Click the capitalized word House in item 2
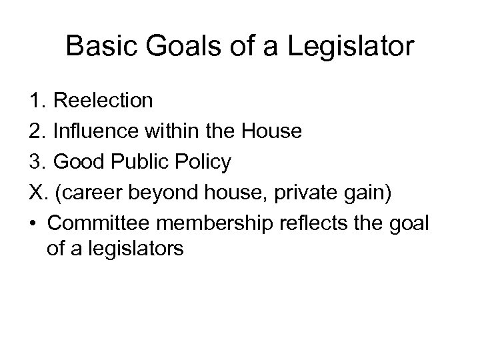click(273, 131)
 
